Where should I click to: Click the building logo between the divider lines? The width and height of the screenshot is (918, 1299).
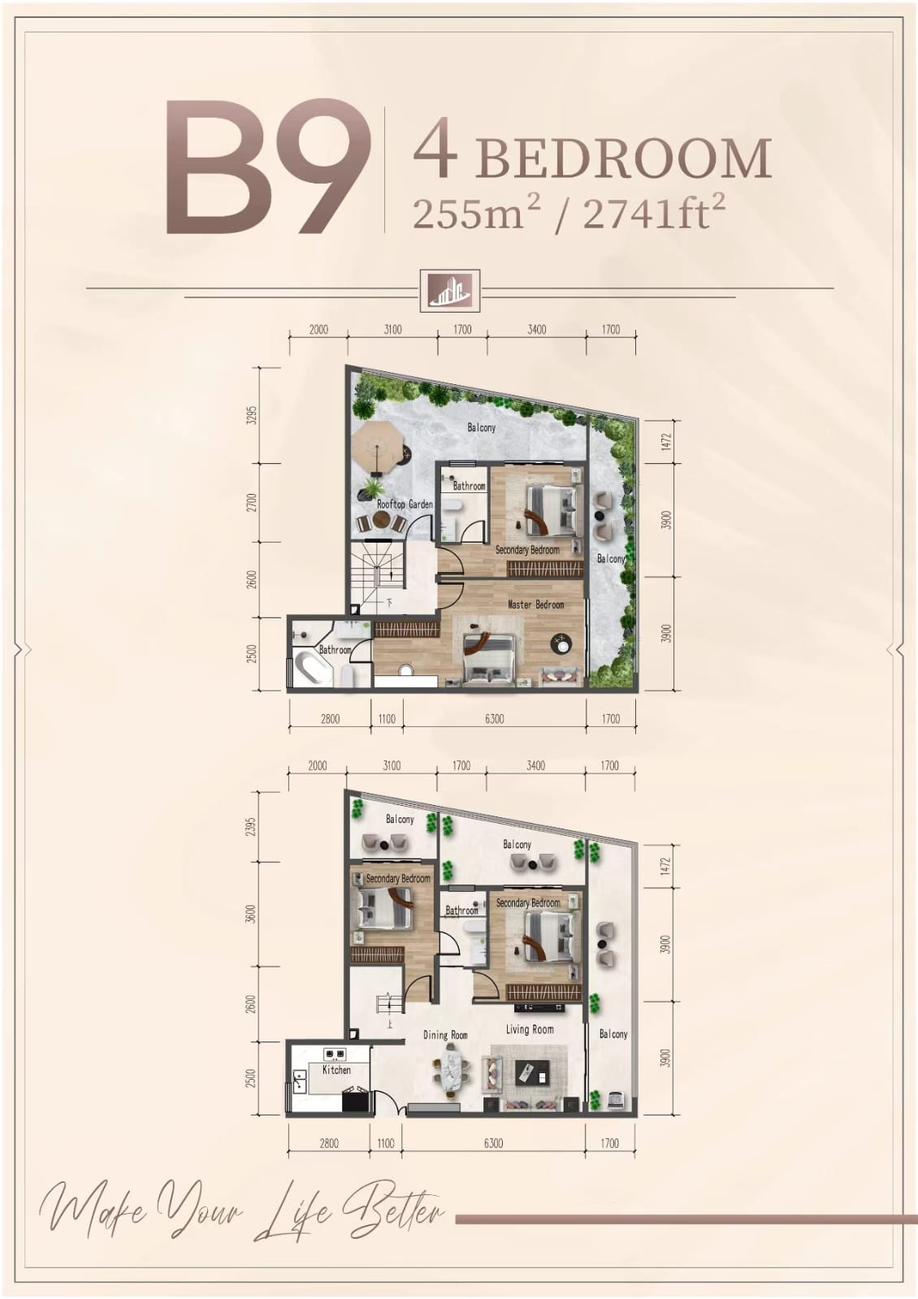[x=450, y=289]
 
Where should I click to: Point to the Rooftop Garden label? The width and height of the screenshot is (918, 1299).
[x=405, y=504]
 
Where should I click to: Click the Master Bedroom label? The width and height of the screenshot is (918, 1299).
[x=536, y=604]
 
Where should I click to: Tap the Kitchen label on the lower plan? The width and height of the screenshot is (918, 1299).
[x=336, y=1070]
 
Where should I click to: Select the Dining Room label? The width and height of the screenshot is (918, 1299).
[x=445, y=1034]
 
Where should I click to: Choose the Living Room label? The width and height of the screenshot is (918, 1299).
[x=530, y=1028]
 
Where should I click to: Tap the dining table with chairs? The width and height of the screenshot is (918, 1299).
[x=453, y=1075]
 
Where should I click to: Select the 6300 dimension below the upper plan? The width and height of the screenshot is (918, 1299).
[x=494, y=719]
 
